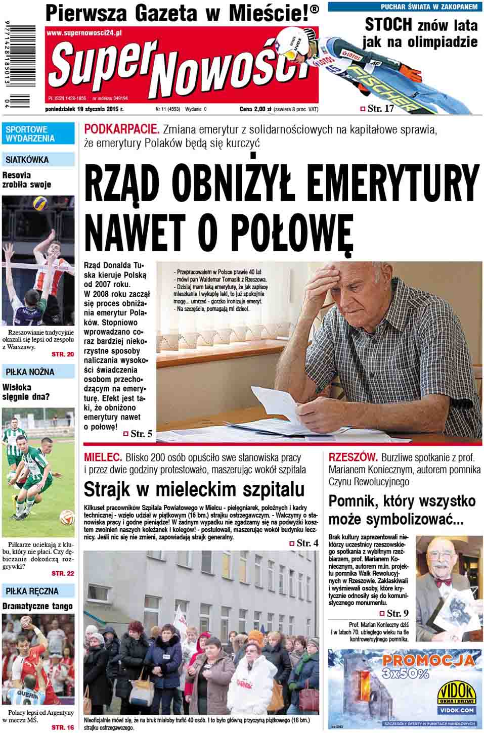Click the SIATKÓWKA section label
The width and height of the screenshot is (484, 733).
(x=27, y=160)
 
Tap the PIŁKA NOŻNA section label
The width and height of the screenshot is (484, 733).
(x=30, y=372)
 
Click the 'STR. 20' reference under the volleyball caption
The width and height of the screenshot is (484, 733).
(x=63, y=354)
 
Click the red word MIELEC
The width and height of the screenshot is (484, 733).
(x=103, y=457)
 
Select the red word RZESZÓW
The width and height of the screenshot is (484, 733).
(x=353, y=457)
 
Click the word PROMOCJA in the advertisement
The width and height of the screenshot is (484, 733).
(x=428, y=660)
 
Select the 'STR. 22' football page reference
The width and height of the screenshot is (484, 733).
(x=63, y=573)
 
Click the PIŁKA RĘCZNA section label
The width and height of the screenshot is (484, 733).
(x=32, y=591)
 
